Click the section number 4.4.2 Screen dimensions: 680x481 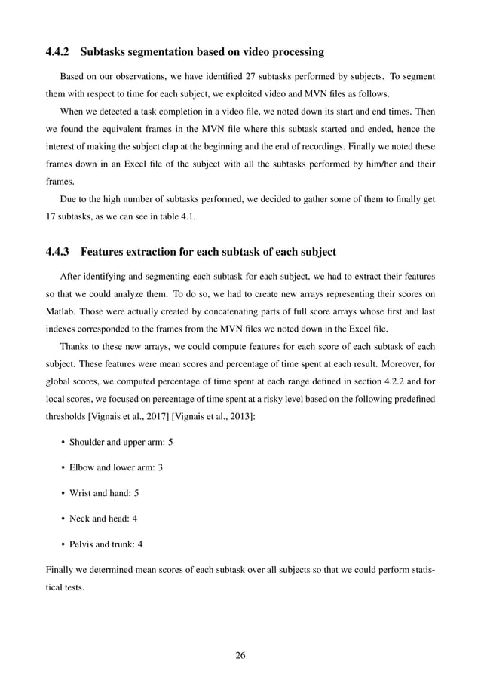pos(57,52)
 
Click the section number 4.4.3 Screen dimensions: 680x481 pos(57,251)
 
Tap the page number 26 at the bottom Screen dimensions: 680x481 pos(240,655)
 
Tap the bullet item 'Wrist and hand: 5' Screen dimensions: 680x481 pos(104,493)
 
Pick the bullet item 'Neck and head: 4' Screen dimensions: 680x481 pos(105,519)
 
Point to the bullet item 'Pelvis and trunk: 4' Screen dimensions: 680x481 pos(106,544)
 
